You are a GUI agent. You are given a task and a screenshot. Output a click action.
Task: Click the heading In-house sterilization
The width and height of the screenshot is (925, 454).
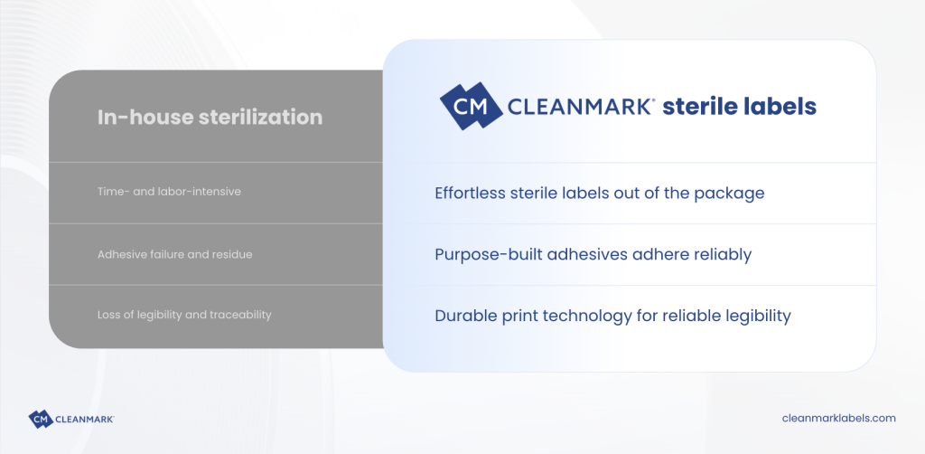(x=210, y=117)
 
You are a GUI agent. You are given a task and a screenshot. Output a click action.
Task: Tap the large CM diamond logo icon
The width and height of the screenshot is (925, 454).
(x=471, y=106)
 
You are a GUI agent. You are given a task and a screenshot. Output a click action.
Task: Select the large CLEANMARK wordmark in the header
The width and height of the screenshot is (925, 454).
(x=581, y=107)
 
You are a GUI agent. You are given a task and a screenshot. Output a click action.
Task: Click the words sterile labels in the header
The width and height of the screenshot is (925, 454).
(x=739, y=107)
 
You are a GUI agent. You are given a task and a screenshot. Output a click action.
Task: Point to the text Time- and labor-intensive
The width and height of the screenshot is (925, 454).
(x=169, y=192)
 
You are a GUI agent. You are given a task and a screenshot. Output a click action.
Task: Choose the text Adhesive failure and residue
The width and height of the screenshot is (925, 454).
(x=174, y=255)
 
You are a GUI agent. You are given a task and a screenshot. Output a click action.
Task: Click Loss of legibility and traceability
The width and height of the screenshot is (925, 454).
(x=184, y=315)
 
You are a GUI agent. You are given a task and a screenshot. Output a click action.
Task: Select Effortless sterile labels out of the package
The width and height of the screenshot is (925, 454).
(x=600, y=193)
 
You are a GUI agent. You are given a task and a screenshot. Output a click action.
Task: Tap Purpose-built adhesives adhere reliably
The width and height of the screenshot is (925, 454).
(x=593, y=254)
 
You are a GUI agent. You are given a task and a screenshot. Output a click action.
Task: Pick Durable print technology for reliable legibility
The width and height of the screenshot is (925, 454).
(x=612, y=316)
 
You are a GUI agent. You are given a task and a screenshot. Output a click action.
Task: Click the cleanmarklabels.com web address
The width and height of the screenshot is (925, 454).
(x=838, y=418)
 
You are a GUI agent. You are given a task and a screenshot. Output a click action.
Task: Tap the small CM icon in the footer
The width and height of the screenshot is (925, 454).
(x=41, y=419)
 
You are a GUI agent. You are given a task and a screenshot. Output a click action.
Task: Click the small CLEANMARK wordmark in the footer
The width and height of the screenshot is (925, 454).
(x=84, y=419)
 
